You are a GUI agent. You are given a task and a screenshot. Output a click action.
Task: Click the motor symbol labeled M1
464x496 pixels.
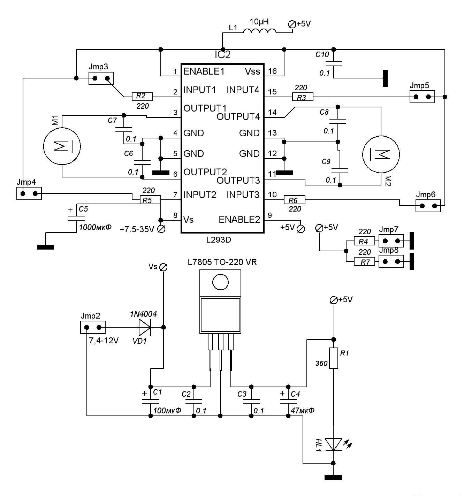tap(62, 146)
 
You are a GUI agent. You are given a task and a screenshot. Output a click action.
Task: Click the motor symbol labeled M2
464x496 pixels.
tap(381, 154)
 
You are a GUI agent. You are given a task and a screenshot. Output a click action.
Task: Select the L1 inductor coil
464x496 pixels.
tap(259, 31)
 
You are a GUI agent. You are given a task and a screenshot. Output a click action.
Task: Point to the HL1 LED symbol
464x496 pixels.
tap(334, 444)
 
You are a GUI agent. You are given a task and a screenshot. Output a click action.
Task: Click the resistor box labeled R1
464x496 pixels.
tap(334, 358)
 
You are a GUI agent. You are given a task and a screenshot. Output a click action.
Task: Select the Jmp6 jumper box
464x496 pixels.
tap(428, 206)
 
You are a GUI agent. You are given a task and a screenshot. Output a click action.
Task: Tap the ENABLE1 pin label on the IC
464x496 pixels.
tap(204, 71)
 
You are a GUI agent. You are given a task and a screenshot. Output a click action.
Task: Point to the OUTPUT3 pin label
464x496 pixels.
tap(238, 181)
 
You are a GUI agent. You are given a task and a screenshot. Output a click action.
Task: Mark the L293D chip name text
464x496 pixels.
tap(219, 240)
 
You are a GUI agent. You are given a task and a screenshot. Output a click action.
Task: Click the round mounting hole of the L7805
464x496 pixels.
tap(220, 282)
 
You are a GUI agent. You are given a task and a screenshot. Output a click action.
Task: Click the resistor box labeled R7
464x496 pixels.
tap(365, 262)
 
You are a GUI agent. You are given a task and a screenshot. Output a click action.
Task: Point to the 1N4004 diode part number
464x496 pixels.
tap(143, 314)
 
